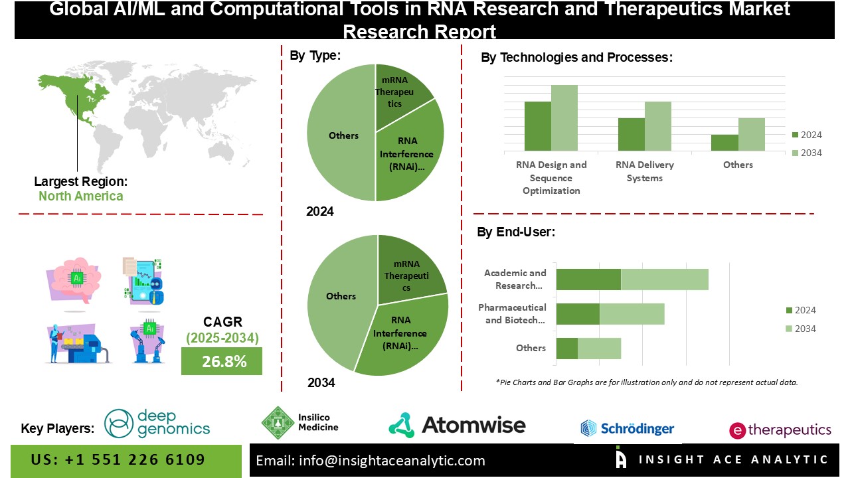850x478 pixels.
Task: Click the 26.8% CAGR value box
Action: [x=221, y=361]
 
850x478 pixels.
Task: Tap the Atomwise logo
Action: [x=457, y=425]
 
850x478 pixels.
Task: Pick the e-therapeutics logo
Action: [x=780, y=430]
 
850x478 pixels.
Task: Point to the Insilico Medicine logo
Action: [x=299, y=423]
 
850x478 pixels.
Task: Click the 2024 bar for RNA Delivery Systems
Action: [x=631, y=135]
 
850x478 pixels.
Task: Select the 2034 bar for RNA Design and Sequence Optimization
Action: [x=564, y=118]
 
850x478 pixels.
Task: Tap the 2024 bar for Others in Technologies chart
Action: [x=724, y=143]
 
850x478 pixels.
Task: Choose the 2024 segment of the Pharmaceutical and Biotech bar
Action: [x=578, y=314]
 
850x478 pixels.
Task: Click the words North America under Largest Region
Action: [x=80, y=196]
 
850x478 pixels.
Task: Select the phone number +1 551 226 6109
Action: [x=118, y=460]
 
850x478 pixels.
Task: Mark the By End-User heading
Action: [x=516, y=232]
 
